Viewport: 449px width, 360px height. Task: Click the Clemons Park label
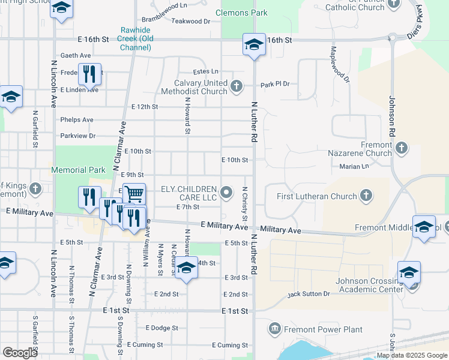coord(242,13)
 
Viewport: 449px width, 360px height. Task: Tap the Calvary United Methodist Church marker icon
coord(237,87)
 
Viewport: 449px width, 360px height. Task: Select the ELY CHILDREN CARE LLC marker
coord(226,193)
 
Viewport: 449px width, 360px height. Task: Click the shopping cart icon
coord(134,194)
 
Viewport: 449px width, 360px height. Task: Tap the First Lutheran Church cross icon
coord(366,196)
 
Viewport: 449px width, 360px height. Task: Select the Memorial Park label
coord(79,170)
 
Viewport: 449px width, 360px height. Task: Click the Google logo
coord(20,353)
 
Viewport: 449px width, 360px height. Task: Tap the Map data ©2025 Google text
coord(411,355)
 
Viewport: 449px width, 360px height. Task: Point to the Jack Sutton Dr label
coord(309,294)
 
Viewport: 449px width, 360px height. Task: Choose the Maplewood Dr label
coord(340,65)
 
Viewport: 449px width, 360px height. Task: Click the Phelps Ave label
coord(77,120)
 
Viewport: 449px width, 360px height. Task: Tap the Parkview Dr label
coord(78,136)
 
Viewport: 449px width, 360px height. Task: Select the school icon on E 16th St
coord(254,44)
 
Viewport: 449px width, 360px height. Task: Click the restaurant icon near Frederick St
coord(89,74)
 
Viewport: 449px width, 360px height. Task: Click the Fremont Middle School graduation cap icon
coord(424,227)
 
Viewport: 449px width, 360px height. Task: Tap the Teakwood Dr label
coord(191,21)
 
